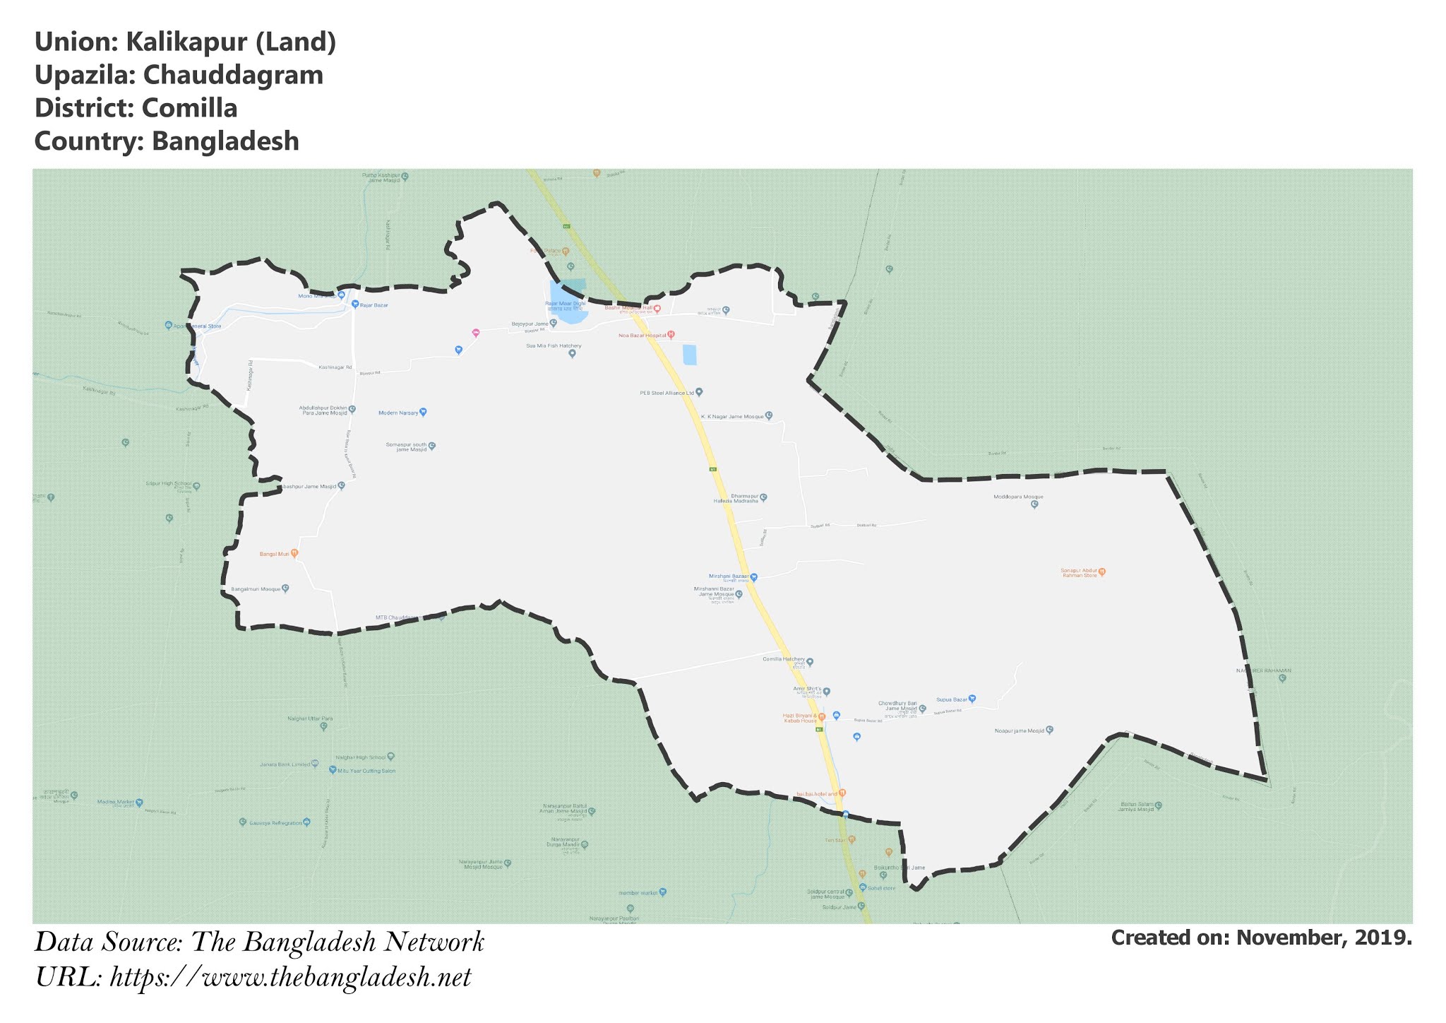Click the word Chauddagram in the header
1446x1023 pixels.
coord(233,75)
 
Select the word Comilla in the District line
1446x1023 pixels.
coord(189,108)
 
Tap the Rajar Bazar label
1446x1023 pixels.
coord(374,305)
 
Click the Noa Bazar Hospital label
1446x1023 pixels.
coord(642,335)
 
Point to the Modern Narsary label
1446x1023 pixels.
coord(398,413)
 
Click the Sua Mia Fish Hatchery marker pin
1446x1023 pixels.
coord(573,354)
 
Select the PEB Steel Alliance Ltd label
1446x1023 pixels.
coord(667,392)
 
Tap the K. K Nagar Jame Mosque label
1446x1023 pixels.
coord(731,417)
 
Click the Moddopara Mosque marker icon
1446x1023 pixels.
coord(1034,504)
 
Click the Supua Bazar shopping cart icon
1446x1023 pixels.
coord(972,699)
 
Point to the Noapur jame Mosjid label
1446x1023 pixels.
coord(1018,731)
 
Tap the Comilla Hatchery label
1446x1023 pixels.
coord(783,659)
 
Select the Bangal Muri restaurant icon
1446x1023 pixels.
coord(294,553)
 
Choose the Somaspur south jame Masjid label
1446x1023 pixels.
coord(406,447)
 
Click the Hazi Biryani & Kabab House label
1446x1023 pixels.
coord(799,718)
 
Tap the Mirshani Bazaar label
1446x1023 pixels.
coord(729,576)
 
